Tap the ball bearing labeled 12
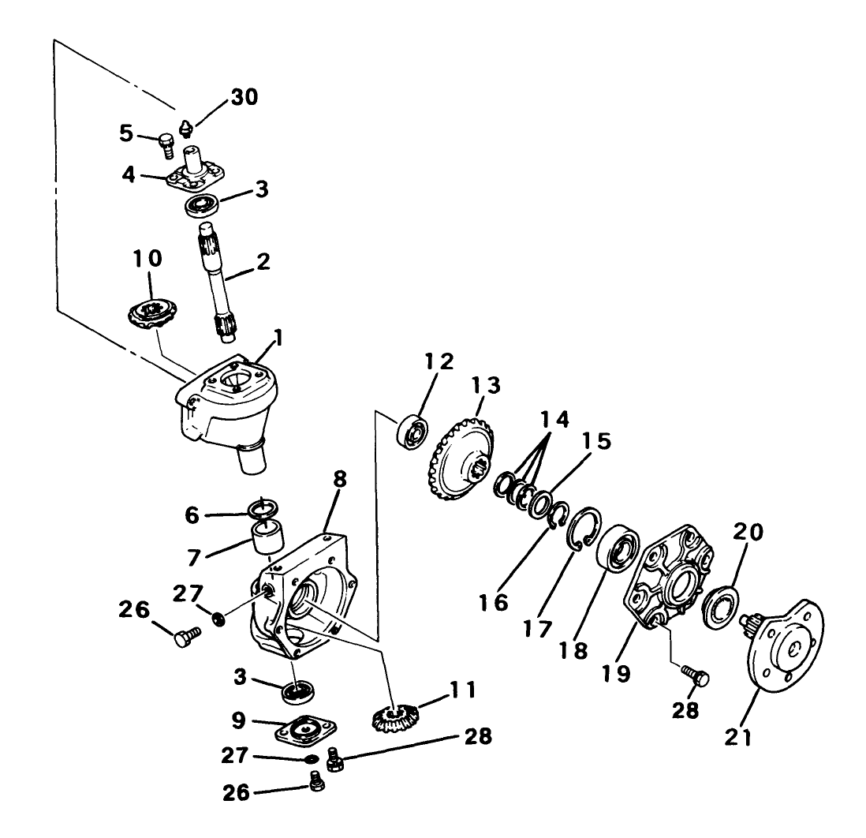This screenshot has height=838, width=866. (412, 431)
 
